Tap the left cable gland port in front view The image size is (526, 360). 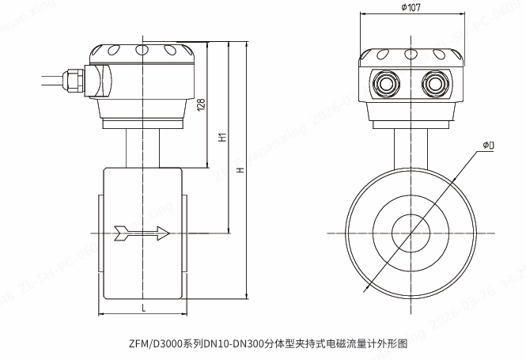click(x=387, y=82)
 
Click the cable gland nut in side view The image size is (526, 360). click(x=75, y=78)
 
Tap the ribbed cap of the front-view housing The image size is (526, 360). click(x=410, y=55)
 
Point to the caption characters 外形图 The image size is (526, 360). click(x=393, y=345)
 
